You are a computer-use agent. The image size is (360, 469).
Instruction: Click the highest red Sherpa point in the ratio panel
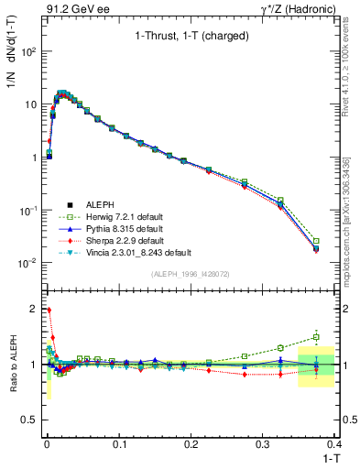48,310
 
